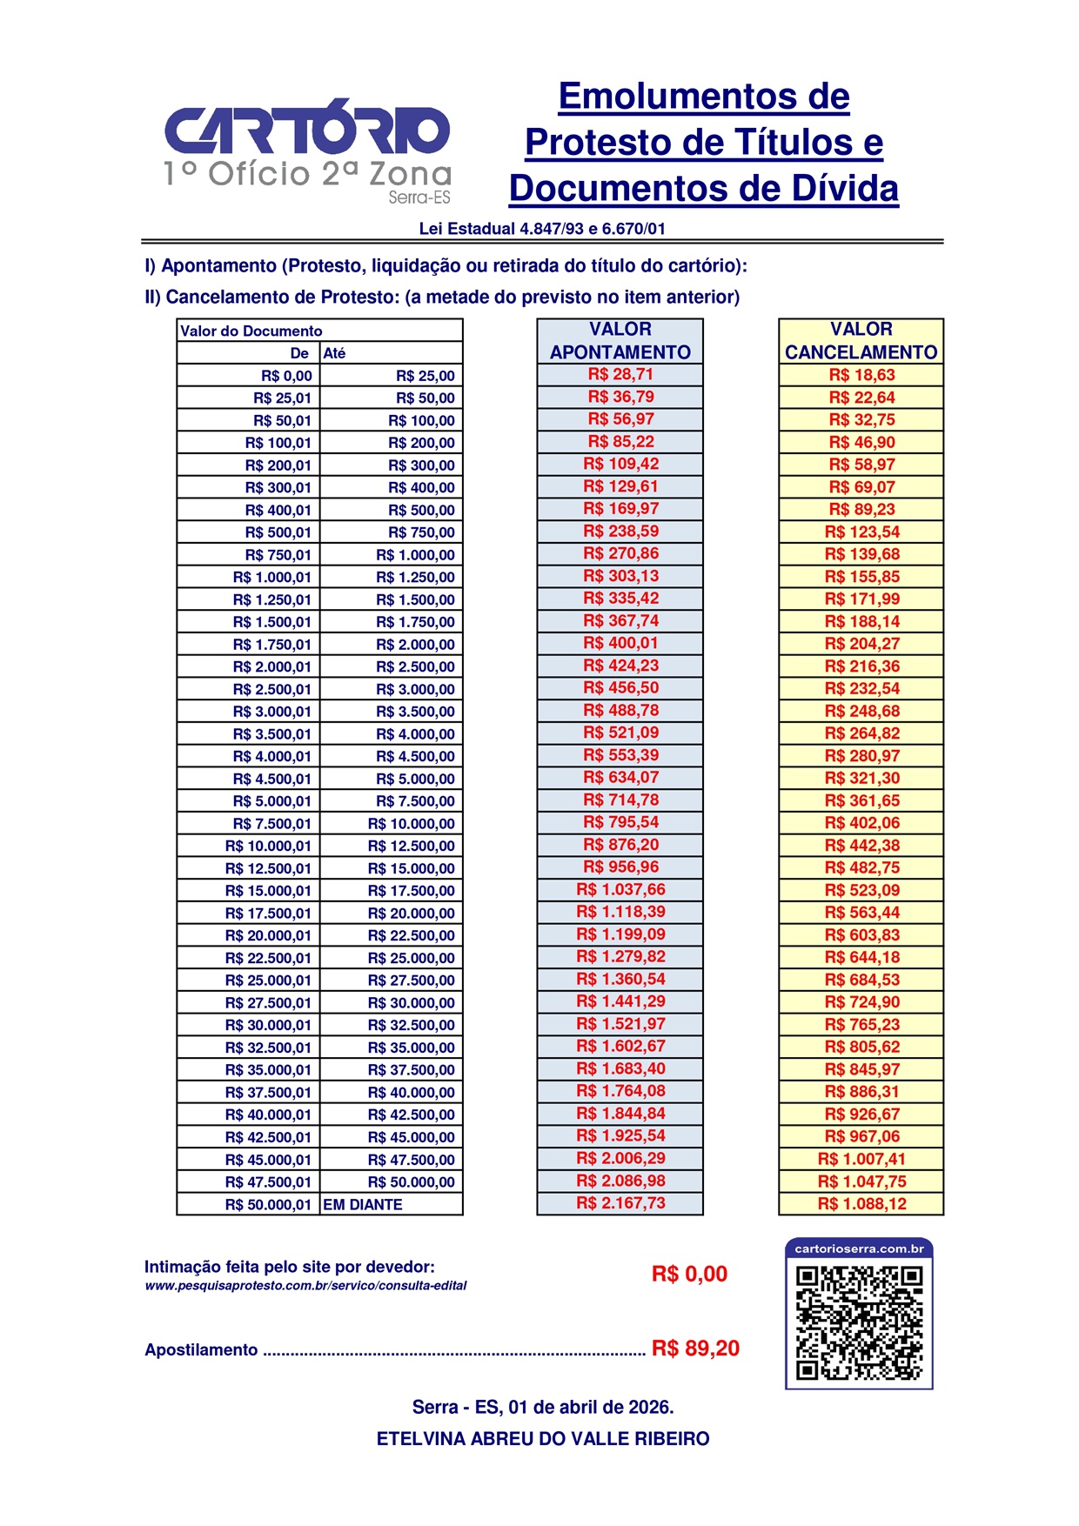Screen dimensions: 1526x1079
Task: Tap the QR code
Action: coord(859,1322)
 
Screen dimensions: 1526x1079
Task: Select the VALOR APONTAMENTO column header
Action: coord(620,341)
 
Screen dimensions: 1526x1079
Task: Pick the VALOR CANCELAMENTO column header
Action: coord(861,341)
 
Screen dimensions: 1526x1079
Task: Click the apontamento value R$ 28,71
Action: coord(620,375)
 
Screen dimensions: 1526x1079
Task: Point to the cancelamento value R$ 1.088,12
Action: coord(861,1204)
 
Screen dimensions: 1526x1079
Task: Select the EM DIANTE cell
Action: coord(363,1205)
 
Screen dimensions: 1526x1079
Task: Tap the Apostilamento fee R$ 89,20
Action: coord(695,1349)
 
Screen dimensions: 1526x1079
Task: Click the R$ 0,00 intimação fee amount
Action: coord(689,1275)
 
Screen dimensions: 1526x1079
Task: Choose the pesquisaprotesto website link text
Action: coord(305,1286)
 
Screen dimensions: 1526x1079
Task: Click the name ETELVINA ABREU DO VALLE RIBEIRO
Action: coord(543,1439)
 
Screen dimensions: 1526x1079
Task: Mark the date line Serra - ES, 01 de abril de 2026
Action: coord(543,1407)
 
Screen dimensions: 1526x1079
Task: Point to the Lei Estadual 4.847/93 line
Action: coord(542,229)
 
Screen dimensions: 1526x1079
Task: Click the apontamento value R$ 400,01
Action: coord(620,644)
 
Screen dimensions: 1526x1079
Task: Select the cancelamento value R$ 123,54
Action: coord(861,532)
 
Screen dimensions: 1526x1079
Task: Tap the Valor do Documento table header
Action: coord(251,331)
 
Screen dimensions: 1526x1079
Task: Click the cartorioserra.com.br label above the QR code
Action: coord(859,1248)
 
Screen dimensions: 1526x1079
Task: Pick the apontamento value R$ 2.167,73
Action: coord(620,1204)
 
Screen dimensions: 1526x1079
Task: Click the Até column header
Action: coord(335,353)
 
